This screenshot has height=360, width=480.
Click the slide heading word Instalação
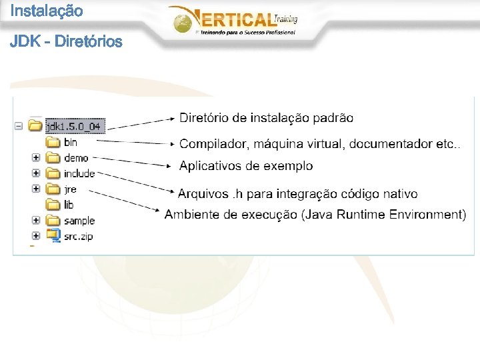pyautogui.click(x=47, y=11)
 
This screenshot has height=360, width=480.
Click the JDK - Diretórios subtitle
pyautogui.click(x=66, y=41)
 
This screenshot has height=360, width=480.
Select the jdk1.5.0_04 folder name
pyautogui.click(x=76, y=126)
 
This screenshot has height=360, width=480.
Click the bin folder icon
pyautogui.click(x=53, y=142)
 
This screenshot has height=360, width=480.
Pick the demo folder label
pyautogui.click(x=76, y=158)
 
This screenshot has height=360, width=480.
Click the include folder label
pyautogui.click(x=79, y=173)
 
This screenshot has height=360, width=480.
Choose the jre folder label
pyautogui.click(x=71, y=189)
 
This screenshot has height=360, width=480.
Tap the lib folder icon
pyautogui.click(x=53, y=205)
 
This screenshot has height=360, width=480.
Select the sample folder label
pyautogui.click(x=79, y=221)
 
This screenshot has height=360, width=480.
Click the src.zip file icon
pyautogui.click(x=53, y=235)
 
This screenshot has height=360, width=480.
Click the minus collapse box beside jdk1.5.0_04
pyautogui.click(x=19, y=125)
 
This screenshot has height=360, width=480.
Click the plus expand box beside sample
pyautogui.click(x=36, y=220)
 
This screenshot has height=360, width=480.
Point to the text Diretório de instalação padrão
pyautogui.click(x=267, y=118)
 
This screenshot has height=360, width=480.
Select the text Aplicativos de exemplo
pyautogui.click(x=246, y=165)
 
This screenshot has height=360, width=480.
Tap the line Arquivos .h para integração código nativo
pyautogui.click(x=298, y=194)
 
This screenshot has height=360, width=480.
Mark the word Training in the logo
pyautogui.click(x=285, y=20)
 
